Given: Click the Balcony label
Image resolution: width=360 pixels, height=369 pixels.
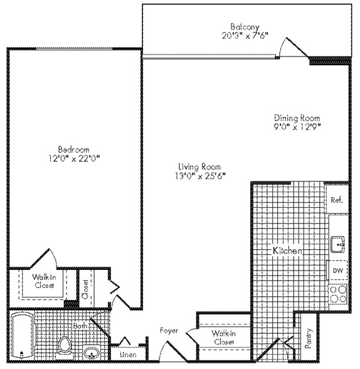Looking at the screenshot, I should (x=241, y=26).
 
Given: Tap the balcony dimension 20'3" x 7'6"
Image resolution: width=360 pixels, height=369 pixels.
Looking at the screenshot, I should (x=241, y=35).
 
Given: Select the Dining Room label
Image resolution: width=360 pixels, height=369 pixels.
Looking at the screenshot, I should (x=297, y=117).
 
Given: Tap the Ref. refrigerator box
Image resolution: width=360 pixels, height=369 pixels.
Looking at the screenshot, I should (x=336, y=200).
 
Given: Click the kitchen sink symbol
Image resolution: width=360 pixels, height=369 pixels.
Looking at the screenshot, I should (x=337, y=242).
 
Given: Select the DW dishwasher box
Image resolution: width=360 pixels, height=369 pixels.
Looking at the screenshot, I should (x=337, y=270).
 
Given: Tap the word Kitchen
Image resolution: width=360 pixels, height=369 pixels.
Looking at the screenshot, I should (x=288, y=250).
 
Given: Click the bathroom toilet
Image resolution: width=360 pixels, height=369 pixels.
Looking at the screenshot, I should (x=65, y=345).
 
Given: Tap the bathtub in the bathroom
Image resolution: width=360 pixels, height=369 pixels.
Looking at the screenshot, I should (x=21, y=336).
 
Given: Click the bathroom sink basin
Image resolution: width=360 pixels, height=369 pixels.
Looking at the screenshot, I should (x=91, y=352).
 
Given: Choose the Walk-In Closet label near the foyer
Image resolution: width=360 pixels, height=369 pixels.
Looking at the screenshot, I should (x=223, y=338).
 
